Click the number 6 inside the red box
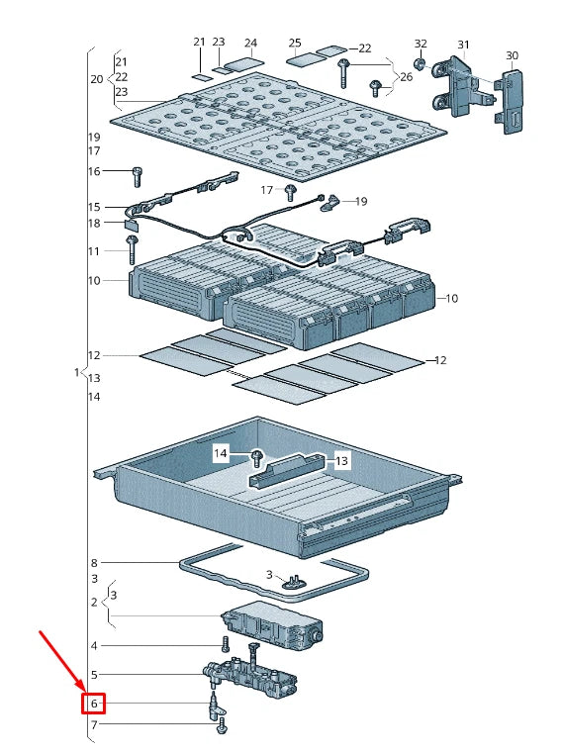[x=94, y=704]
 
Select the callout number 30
[x=512, y=55]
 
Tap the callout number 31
[x=463, y=45]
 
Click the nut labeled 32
[x=421, y=63]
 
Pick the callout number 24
[x=250, y=43]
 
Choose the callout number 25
[x=295, y=43]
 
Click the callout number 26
[x=407, y=77]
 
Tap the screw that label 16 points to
[x=137, y=177]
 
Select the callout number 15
[x=94, y=207]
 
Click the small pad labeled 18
[x=131, y=223]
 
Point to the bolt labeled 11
[x=132, y=249]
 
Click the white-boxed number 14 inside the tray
[x=221, y=453]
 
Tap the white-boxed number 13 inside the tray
[x=341, y=461]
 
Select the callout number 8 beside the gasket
[x=94, y=563]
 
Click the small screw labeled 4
[x=225, y=644]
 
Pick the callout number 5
[x=94, y=675]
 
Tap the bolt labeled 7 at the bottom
[x=222, y=725]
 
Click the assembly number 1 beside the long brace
[x=77, y=372]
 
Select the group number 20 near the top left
[x=97, y=79]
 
